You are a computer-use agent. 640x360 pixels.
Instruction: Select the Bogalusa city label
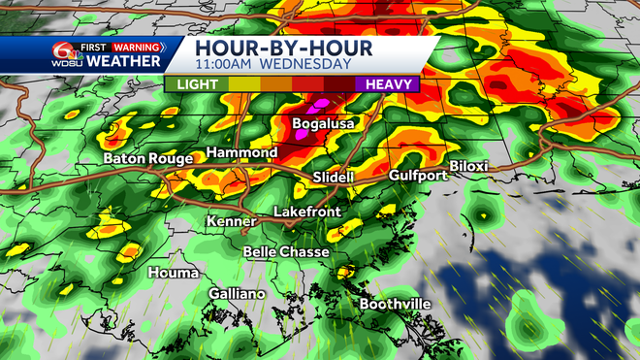click(324, 124)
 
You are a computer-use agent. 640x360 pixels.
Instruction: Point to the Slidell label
click(335, 178)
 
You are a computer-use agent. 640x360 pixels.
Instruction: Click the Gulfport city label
click(418, 176)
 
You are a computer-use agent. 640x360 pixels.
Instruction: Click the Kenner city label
click(231, 222)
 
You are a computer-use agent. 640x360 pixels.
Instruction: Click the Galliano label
click(238, 294)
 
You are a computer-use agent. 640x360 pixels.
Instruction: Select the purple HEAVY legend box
click(392, 84)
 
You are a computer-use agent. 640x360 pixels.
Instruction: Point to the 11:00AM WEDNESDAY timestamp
click(272, 65)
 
